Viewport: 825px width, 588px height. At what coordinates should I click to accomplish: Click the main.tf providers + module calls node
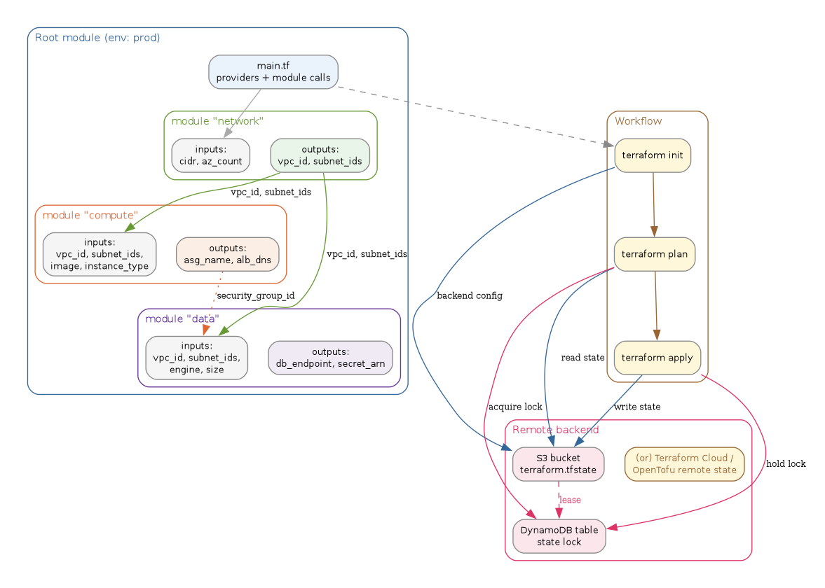coord(273,72)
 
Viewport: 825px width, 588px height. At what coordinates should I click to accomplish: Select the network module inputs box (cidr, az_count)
coord(210,155)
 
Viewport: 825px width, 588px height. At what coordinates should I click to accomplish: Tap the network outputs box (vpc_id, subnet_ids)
coord(320,155)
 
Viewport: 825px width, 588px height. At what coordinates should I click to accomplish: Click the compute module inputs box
coord(100,254)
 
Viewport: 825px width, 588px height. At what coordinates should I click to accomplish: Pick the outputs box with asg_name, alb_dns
coord(227,254)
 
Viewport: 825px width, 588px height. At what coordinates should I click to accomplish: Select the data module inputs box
coord(196,358)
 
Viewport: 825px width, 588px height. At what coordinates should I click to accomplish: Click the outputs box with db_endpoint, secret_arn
coord(330,358)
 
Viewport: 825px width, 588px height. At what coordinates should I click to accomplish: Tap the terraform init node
coord(653,155)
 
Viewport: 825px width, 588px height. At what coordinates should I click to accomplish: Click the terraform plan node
coord(654,254)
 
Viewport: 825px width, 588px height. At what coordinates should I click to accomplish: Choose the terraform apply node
coord(657,358)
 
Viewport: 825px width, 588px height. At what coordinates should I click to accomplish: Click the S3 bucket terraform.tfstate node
coord(558,464)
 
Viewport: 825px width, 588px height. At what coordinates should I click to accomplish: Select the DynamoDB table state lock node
coord(559,536)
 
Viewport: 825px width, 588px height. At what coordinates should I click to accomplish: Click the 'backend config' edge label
coord(469,296)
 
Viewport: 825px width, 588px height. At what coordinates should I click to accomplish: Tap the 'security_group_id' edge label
coord(255,296)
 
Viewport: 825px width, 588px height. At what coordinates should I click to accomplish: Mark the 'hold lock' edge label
coord(786,463)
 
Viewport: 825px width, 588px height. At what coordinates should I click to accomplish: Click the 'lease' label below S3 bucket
coord(570,500)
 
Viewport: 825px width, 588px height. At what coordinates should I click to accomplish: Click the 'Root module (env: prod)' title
coord(97,38)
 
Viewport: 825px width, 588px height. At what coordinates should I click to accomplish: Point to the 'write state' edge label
coord(636,407)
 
